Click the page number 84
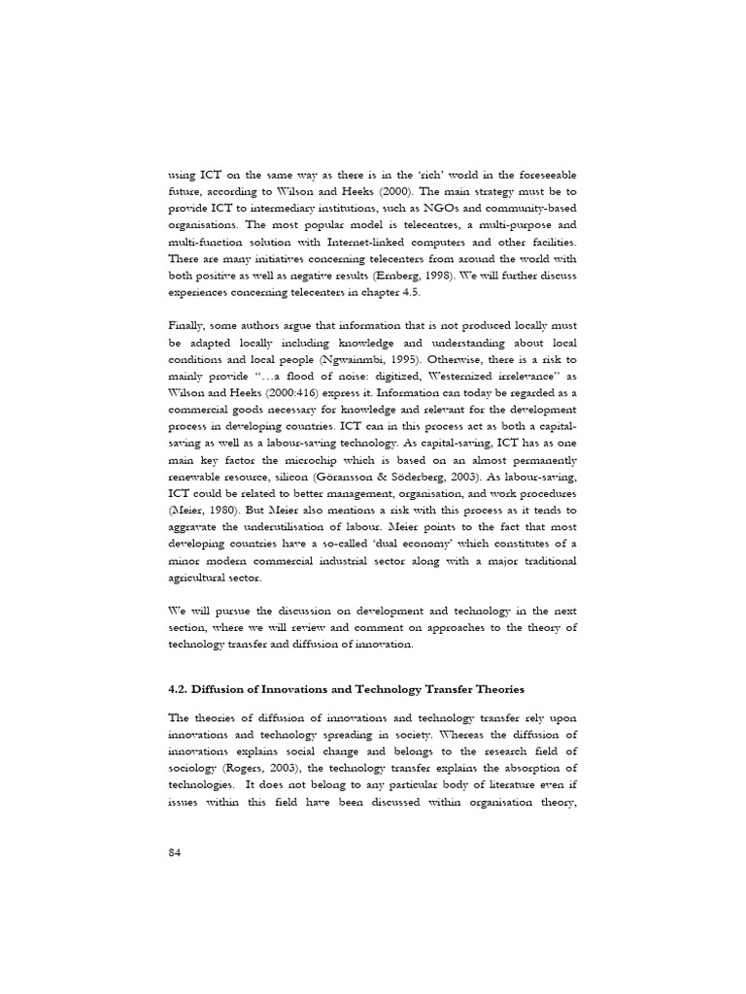(x=175, y=851)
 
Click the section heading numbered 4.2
(x=346, y=689)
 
